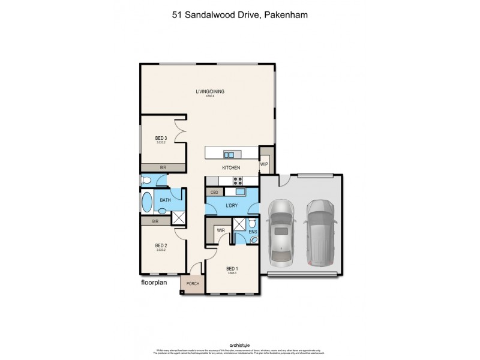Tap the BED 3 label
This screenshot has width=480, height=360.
click(x=161, y=138)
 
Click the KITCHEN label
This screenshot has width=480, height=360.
click(x=231, y=167)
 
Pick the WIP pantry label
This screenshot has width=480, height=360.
click(x=264, y=164)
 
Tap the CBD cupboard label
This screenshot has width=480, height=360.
click(x=214, y=192)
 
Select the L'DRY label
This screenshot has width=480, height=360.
click(x=232, y=206)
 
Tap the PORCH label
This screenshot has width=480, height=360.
click(x=193, y=284)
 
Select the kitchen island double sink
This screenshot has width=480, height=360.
click(x=229, y=154)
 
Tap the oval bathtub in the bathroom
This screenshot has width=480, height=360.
click(x=146, y=203)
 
